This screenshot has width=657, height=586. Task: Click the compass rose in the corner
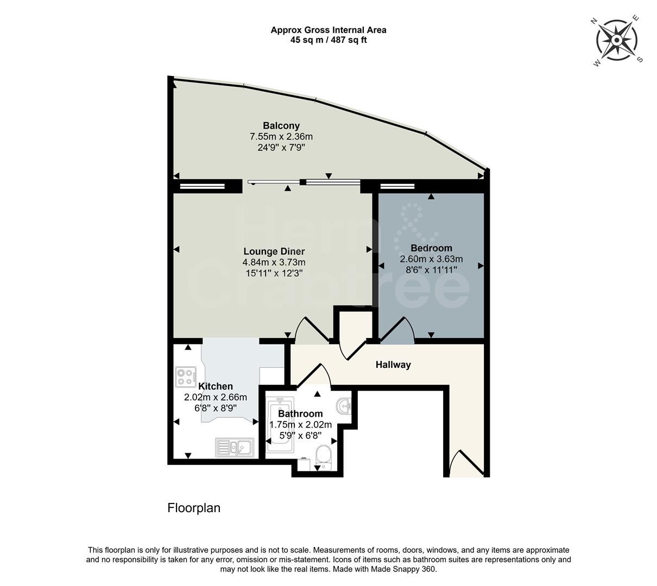618,40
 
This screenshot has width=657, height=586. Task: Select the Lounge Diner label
274,251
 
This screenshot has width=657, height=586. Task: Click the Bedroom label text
431,248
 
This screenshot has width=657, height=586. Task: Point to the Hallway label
393,365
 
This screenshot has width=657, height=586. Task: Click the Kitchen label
216,386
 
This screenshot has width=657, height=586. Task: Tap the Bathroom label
300,413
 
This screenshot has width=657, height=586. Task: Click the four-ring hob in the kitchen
186,377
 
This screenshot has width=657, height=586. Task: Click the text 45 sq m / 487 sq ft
328,40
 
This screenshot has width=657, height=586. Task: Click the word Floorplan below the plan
194,508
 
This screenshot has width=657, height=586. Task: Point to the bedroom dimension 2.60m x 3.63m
431,259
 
